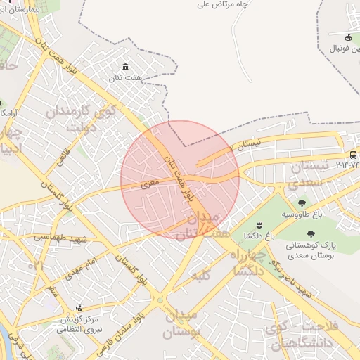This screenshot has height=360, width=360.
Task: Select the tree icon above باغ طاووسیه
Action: click(302, 202)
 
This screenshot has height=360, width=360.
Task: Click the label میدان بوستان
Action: click(182, 324)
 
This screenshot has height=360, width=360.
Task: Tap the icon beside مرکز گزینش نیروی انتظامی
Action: click(79, 308)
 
